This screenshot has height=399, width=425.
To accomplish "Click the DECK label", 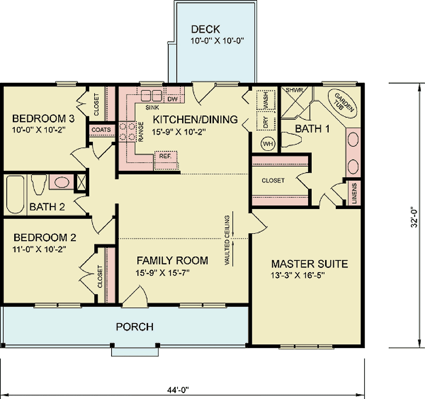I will coord(205,29).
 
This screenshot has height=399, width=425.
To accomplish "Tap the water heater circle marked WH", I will coord(268,144).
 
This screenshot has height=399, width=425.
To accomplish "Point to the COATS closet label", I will coord(101,130).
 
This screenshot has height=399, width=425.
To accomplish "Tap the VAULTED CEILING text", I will coord(227,240).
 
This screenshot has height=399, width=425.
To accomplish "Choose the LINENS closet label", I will coord(355,193).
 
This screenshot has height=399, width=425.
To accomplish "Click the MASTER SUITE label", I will coord(309,264).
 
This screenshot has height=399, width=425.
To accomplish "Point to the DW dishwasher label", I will coord(172,99).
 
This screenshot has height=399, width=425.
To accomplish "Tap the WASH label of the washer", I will coord(266,100).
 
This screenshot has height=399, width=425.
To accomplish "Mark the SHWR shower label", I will coord(294,90).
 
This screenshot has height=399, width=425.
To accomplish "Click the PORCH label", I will coord(135,326).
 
